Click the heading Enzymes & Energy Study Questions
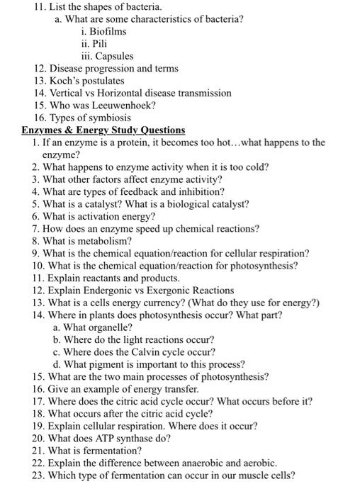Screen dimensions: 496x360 103,130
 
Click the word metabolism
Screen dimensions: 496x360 99,241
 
